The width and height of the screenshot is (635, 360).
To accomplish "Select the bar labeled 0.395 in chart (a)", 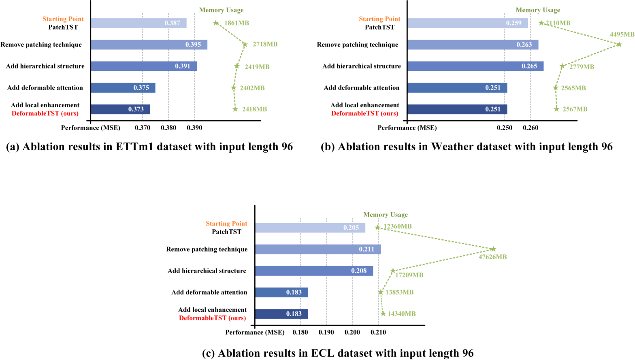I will click(149, 45).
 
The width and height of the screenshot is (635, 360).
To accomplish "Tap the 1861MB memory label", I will click(237, 23).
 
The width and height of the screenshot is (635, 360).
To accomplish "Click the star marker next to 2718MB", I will click(245, 45).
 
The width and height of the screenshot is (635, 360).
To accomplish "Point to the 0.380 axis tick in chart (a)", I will click(168, 128).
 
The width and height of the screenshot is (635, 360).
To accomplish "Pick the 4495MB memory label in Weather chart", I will click(622, 34).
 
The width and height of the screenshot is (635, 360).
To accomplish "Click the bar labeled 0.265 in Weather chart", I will click(475, 66).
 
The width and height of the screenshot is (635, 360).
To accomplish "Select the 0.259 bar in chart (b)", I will click(467, 23).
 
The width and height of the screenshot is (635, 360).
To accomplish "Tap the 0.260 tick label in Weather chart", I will click(531, 128).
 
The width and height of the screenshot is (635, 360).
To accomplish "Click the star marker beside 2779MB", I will click(562, 66).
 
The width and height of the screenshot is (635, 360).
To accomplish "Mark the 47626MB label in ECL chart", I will click(492, 257).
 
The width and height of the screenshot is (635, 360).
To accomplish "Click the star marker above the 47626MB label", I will click(493, 249).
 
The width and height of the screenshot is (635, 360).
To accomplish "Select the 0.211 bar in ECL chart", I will click(317, 249).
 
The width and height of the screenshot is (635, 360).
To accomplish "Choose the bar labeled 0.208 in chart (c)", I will click(314, 271).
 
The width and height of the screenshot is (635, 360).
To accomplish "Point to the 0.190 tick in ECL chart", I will click(326, 332).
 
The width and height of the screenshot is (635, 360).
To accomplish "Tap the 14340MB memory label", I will click(401, 314).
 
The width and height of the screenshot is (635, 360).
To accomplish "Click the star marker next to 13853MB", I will click(381, 292).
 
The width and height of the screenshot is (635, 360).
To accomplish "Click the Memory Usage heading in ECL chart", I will click(385, 215).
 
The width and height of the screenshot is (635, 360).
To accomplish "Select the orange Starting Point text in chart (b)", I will click(379, 19).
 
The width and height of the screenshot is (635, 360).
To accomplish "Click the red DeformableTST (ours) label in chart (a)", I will click(45, 113).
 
